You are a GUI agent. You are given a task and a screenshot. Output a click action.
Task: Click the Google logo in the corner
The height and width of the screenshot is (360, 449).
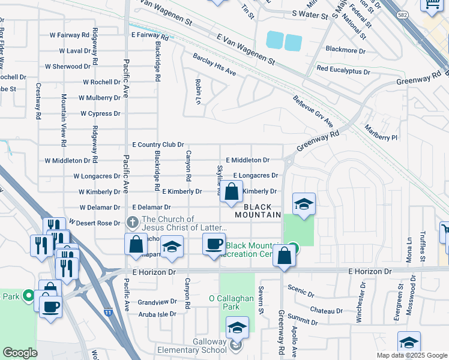[x=20, y=353]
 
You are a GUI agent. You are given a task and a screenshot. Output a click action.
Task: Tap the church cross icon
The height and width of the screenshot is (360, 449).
[x=133, y=222]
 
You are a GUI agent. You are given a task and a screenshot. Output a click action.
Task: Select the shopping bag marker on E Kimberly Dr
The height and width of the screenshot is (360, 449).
[x=231, y=192]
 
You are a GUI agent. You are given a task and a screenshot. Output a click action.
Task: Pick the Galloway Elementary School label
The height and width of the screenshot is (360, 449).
[x=191, y=350]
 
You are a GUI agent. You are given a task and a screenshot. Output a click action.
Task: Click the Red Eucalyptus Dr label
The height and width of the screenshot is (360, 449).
[x=343, y=70]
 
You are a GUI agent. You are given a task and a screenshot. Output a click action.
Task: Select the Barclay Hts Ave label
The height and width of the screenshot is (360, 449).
[x=214, y=64]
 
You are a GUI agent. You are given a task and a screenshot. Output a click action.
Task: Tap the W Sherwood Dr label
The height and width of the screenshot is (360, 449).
[x=68, y=67]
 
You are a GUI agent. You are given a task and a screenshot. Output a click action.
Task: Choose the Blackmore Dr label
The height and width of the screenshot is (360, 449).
[x=345, y=50]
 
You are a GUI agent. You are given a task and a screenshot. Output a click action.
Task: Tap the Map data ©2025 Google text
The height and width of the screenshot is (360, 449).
[x=411, y=355]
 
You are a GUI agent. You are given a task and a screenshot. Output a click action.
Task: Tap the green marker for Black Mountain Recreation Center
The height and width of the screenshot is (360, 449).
[x=292, y=247]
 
